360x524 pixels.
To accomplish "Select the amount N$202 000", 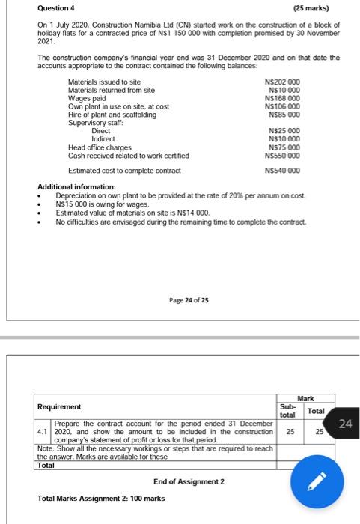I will pos(283,80).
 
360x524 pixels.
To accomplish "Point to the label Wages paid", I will pos(88,97).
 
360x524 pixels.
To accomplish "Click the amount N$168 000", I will pos(283,97).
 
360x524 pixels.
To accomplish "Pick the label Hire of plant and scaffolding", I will pos(112,114).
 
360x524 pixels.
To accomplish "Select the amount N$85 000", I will pos(284,114).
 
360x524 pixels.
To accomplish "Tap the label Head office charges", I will pos(100,147).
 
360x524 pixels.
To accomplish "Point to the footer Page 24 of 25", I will pos(189,299).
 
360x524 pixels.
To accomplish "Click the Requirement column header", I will pos(60,407).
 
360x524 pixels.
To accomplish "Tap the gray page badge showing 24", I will pos(344,425).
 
